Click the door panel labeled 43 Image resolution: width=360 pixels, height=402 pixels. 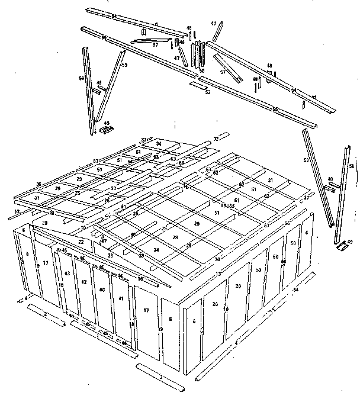point(67,274)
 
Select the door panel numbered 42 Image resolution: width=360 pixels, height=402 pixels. point(84,282)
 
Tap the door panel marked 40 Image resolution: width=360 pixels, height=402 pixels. point(102,290)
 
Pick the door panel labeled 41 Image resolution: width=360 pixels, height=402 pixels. point(120,298)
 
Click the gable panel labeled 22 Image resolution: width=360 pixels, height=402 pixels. point(81,242)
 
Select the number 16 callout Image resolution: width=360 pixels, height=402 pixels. point(140,278)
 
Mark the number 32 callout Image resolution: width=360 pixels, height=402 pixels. point(216,139)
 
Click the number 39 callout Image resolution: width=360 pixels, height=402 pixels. point(142,255)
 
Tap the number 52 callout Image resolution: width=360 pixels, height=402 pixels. point(207,92)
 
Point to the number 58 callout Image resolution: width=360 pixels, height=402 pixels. point(202,70)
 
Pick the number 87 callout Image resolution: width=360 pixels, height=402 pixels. point(95,161)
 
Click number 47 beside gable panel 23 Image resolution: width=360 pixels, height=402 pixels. point(104,241)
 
